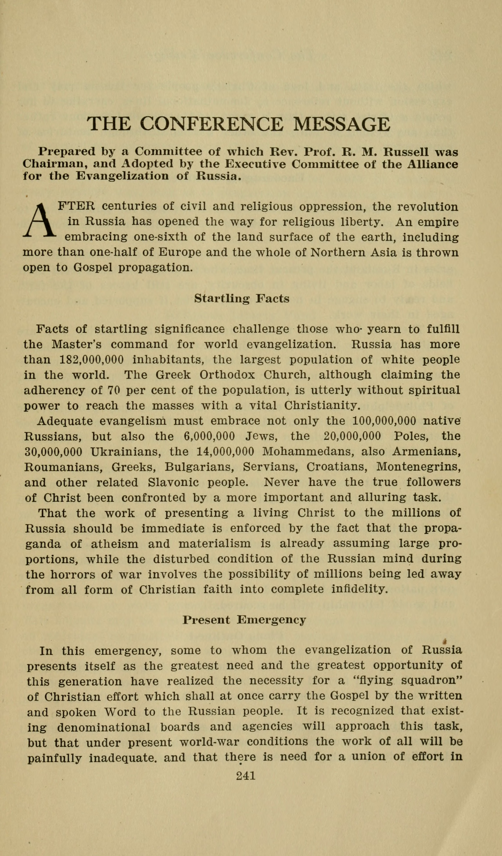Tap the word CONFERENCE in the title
(x=211, y=124)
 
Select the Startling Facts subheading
(x=242, y=299)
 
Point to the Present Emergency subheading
(x=244, y=620)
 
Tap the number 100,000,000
(x=384, y=421)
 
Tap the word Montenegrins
(x=419, y=467)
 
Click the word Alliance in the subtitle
(x=432, y=164)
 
